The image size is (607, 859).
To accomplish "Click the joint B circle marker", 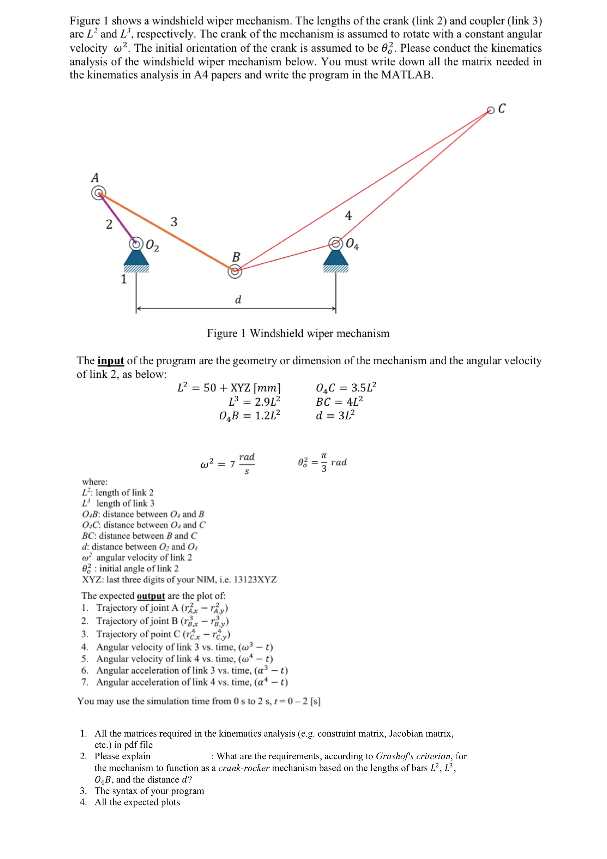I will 235,272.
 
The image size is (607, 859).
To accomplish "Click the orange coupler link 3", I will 166,232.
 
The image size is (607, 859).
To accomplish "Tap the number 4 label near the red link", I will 348,215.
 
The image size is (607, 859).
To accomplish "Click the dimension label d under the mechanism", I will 238,299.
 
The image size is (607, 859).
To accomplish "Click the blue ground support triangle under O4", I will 336,258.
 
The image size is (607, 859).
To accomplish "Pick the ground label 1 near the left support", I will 124,279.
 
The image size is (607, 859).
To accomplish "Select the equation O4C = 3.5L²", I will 346,387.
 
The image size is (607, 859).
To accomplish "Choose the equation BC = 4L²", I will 339,401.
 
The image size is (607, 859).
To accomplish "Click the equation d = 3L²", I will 335,415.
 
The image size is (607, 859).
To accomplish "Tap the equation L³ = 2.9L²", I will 254,401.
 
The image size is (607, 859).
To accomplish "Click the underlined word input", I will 111,361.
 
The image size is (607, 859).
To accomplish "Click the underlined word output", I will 151,596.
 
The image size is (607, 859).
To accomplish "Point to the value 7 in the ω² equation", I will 232,464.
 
